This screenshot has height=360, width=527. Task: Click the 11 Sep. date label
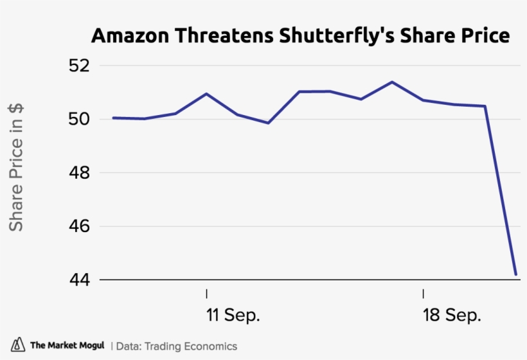tap(233, 316)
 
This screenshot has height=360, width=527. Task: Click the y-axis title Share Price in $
tap(16, 167)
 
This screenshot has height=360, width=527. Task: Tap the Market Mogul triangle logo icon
tap(18, 345)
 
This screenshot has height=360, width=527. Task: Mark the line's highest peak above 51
tap(392, 82)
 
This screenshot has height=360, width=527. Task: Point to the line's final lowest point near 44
tap(516, 274)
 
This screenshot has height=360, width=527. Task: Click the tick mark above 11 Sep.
tap(207, 294)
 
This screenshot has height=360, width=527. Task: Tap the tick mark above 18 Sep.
tap(424, 294)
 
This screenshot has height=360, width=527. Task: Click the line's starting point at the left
tap(113, 118)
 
